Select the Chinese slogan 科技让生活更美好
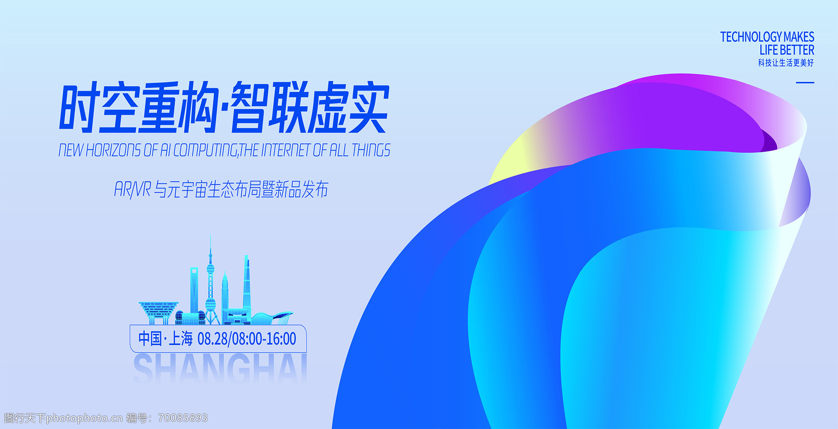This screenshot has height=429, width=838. (x=786, y=63)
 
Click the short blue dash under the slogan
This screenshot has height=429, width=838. (x=805, y=83)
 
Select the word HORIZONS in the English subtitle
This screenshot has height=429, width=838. (x=113, y=150)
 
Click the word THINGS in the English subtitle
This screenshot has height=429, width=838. (x=371, y=150)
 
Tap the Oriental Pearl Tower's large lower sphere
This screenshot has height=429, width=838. (x=210, y=303)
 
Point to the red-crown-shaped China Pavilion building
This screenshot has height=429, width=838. (x=158, y=313)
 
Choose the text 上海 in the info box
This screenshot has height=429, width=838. (x=181, y=339)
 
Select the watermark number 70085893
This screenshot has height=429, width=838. (x=183, y=418)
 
